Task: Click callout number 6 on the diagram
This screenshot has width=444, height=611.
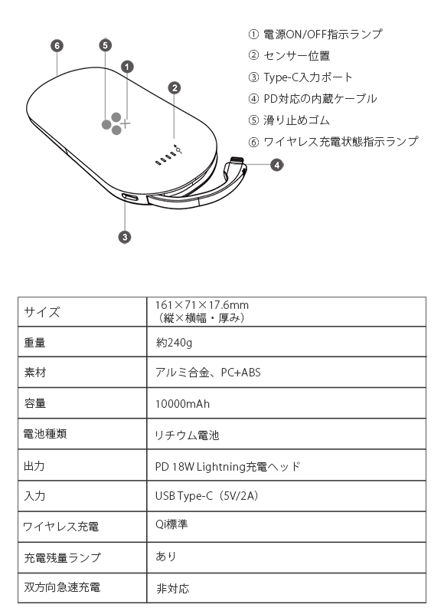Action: tap(57, 46)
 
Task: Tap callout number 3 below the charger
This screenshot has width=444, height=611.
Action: tap(125, 237)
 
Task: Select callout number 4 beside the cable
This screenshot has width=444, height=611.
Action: tap(276, 165)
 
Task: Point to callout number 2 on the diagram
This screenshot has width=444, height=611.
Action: tap(175, 88)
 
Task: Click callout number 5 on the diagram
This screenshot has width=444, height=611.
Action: tap(105, 45)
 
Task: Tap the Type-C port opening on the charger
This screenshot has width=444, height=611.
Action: tap(130, 198)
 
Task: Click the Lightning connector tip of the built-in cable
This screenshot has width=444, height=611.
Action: tap(237, 159)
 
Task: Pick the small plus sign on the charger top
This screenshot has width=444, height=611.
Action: tap(126, 124)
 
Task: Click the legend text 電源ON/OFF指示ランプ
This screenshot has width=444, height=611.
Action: tap(323, 34)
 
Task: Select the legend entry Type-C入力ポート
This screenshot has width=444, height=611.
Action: tap(308, 77)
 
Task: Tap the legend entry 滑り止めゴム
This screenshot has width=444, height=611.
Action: tap(296, 120)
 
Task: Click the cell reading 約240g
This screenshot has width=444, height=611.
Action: tap(174, 343)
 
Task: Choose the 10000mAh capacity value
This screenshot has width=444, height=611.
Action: tap(182, 404)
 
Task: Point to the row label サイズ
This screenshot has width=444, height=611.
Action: tap(42, 312)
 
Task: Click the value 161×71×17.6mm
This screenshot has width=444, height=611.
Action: tap(201, 304)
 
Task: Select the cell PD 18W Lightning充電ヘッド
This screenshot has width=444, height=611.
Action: tap(227, 466)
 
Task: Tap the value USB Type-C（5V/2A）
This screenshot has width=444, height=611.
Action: tap(207, 496)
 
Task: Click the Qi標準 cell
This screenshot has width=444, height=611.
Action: tap(171, 524)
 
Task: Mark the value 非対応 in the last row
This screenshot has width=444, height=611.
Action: tap(173, 588)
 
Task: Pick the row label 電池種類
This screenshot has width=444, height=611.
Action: tap(45, 434)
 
